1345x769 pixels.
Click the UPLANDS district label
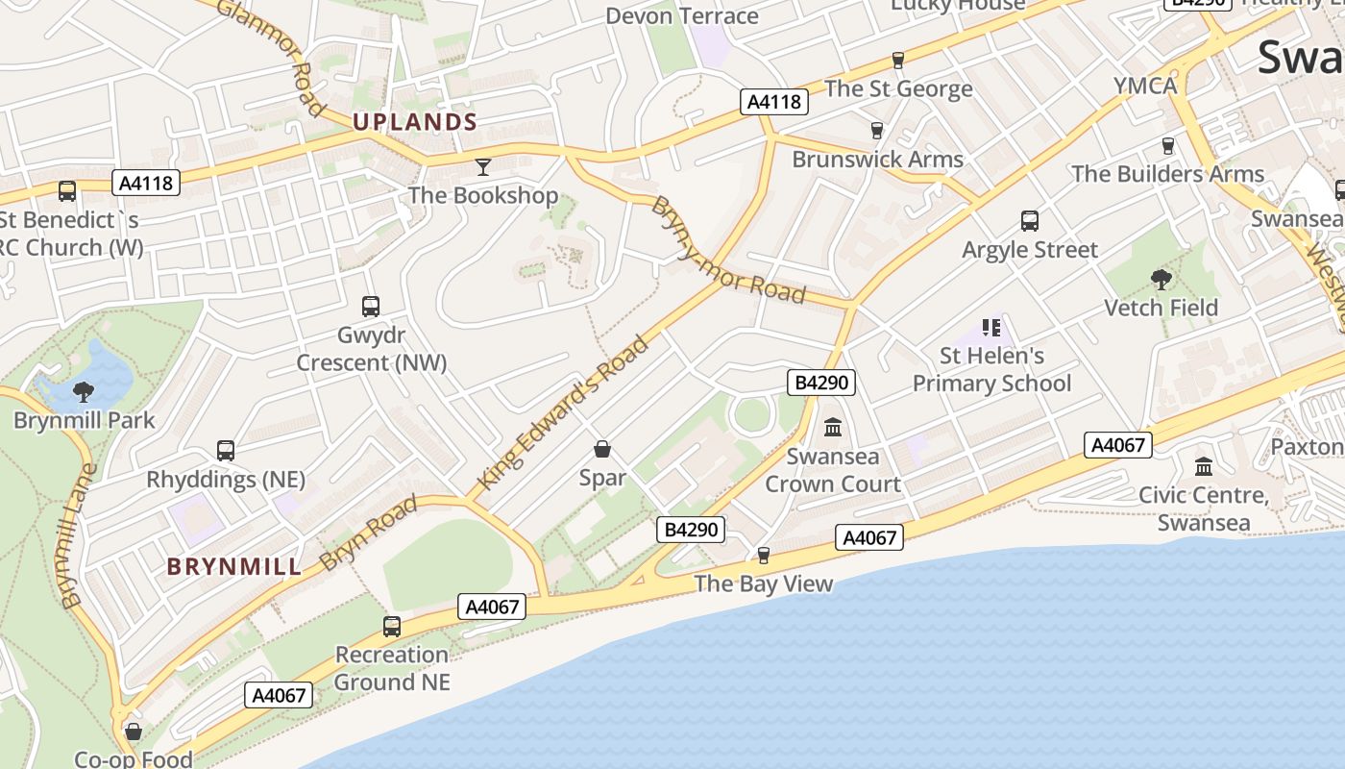tap(415, 122)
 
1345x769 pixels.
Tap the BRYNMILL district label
tap(234, 567)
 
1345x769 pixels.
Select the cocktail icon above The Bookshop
tap(483, 167)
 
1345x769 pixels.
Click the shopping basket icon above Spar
tap(602, 449)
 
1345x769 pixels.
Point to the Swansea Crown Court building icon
tap(833, 427)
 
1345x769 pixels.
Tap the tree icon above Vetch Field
tap(1161, 280)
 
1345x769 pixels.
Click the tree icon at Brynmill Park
tap(84, 391)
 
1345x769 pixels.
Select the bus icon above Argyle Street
tap(1030, 221)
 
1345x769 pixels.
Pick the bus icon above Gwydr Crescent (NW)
tap(371, 307)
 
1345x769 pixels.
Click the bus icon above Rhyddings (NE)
tap(226, 451)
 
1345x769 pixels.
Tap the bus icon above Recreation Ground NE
tap(392, 627)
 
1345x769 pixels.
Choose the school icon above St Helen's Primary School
tap(991, 328)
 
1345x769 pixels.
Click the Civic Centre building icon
tap(1204, 467)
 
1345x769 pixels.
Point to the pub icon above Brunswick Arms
tap(876, 131)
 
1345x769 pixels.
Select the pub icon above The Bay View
tap(764, 556)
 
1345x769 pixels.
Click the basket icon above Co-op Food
tap(134, 732)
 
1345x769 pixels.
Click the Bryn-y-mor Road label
tap(727, 250)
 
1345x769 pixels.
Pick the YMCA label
tap(1145, 86)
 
